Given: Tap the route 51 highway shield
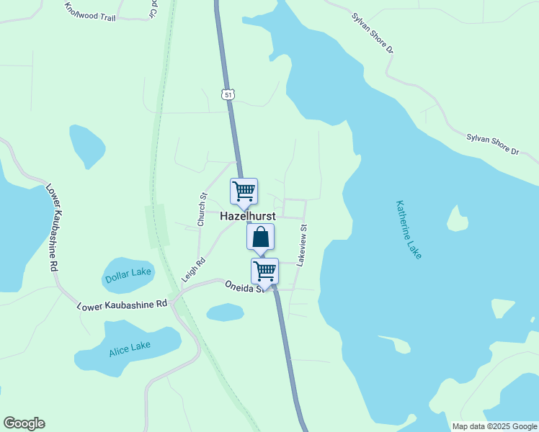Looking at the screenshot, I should (x=228, y=95).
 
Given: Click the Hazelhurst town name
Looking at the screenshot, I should (x=247, y=216).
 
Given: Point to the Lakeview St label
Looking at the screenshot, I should (x=303, y=246).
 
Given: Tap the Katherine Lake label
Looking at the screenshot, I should (x=409, y=229).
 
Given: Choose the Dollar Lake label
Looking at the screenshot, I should (x=128, y=275).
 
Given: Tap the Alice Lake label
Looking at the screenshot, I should (x=130, y=349).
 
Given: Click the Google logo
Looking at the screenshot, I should (x=24, y=423).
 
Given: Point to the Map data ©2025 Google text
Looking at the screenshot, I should (x=494, y=426).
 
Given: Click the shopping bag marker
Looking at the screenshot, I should (x=261, y=236).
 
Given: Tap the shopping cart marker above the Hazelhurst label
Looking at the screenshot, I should (x=244, y=192).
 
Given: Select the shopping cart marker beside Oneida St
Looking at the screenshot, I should (x=264, y=271).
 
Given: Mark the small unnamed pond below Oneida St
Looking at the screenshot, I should (x=225, y=312).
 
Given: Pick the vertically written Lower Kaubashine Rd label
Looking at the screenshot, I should (x=53, y=225).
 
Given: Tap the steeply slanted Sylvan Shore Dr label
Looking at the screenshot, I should (x=373, y=32).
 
